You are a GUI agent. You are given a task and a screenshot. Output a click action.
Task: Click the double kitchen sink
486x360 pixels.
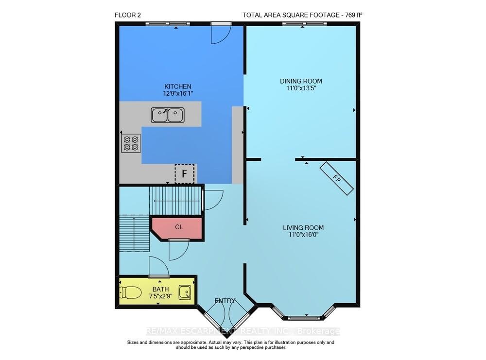click(x=168, y=115)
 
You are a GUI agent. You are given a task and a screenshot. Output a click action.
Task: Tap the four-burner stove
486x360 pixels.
click(x=131, y=143)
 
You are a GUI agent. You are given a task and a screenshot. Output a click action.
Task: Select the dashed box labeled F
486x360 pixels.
click(x=184, y=174)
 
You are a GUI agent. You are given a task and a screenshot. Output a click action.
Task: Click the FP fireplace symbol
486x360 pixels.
click(x=337, y=179)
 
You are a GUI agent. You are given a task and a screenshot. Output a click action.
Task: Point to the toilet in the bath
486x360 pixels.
click(x=130, y=292)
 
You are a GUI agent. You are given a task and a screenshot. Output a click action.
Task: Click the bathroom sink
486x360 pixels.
click(x=185, y=292)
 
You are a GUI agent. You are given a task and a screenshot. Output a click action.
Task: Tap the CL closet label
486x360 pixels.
click(x=179, y=227)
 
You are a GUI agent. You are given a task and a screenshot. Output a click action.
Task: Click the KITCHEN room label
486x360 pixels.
click(x=177, y=87)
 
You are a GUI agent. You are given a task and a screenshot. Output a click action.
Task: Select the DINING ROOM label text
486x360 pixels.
click(x=301, y=81)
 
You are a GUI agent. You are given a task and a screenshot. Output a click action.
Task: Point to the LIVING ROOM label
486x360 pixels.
click(x=303, y=228)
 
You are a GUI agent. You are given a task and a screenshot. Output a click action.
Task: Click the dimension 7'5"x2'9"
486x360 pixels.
click(x=160, y=296)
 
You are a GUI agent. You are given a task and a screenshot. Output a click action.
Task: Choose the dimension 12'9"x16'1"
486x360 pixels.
click(x=177, y=94)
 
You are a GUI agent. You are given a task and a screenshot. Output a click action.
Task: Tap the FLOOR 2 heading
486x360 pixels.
click(x=128, y=15)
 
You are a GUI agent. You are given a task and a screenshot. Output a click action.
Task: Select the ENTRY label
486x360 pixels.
click(x=225, y=301)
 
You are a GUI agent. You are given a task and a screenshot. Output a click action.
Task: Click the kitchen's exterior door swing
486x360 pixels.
click(x=221, y=34)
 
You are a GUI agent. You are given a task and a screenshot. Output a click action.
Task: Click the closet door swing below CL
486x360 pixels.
click(x=179, y=250)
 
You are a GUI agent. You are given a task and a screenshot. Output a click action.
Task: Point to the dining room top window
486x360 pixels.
click(x=304, y=23)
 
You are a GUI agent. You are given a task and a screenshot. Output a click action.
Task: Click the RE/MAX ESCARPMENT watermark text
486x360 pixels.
click(x=243, y=331)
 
